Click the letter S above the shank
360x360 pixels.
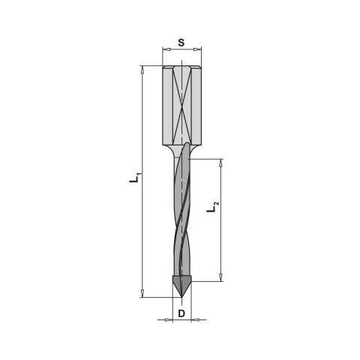pos(181,43)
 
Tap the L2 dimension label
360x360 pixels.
pos(213,207)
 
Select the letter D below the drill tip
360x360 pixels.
pos(181,313)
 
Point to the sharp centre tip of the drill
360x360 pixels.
pos(181,297)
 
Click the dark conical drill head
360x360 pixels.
pos(181,285)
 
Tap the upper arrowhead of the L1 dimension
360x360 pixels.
pos(142,70)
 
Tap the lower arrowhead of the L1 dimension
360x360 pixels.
pos(142,293)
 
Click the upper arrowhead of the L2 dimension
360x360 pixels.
pos(220,163)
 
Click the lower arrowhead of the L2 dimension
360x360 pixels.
pos(220,277)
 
